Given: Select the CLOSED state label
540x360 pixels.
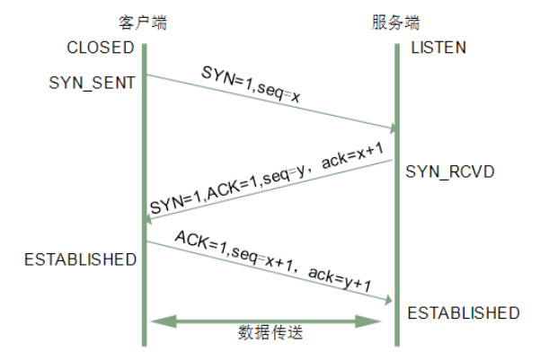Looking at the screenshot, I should click(x=100, y=48).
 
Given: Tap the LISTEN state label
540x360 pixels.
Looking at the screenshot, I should click(x=438, y=48).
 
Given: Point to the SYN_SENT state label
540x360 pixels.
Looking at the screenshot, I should click(x=93, y=83).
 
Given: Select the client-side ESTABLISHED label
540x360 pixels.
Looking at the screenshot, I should click(x=80, y=259).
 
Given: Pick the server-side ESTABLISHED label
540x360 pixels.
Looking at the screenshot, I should click(x=464, y=313).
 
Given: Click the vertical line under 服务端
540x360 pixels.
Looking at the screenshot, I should click(x=396, y=224).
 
